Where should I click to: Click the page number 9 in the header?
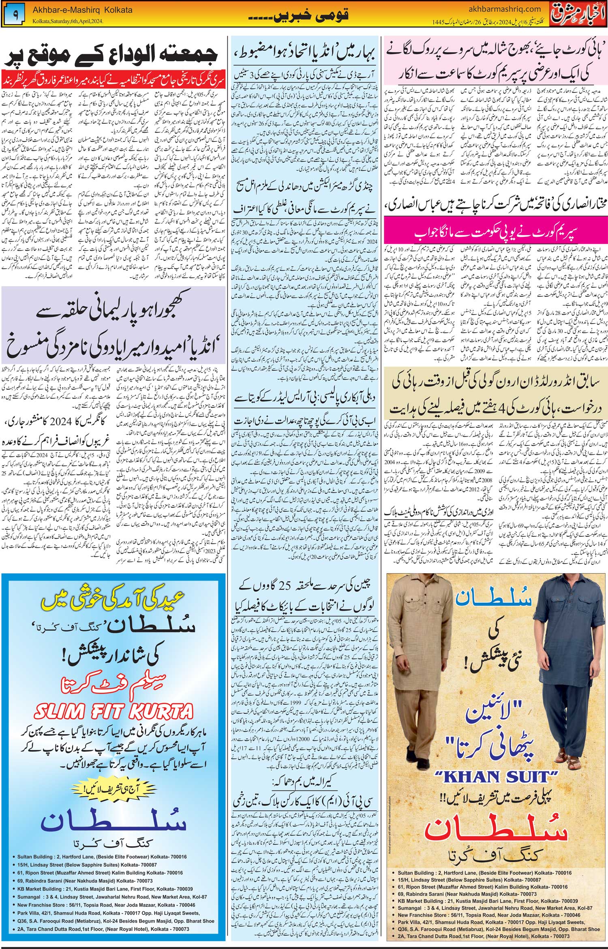tap(15, 13)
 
